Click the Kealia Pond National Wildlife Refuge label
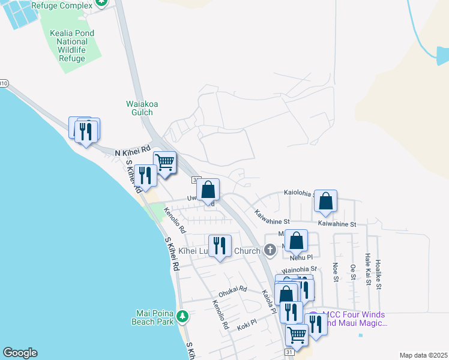64,42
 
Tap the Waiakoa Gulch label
142,108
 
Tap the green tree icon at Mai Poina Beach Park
184,316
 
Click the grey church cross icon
270,249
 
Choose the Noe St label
335,273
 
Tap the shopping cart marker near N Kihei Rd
164,161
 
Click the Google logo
20,353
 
